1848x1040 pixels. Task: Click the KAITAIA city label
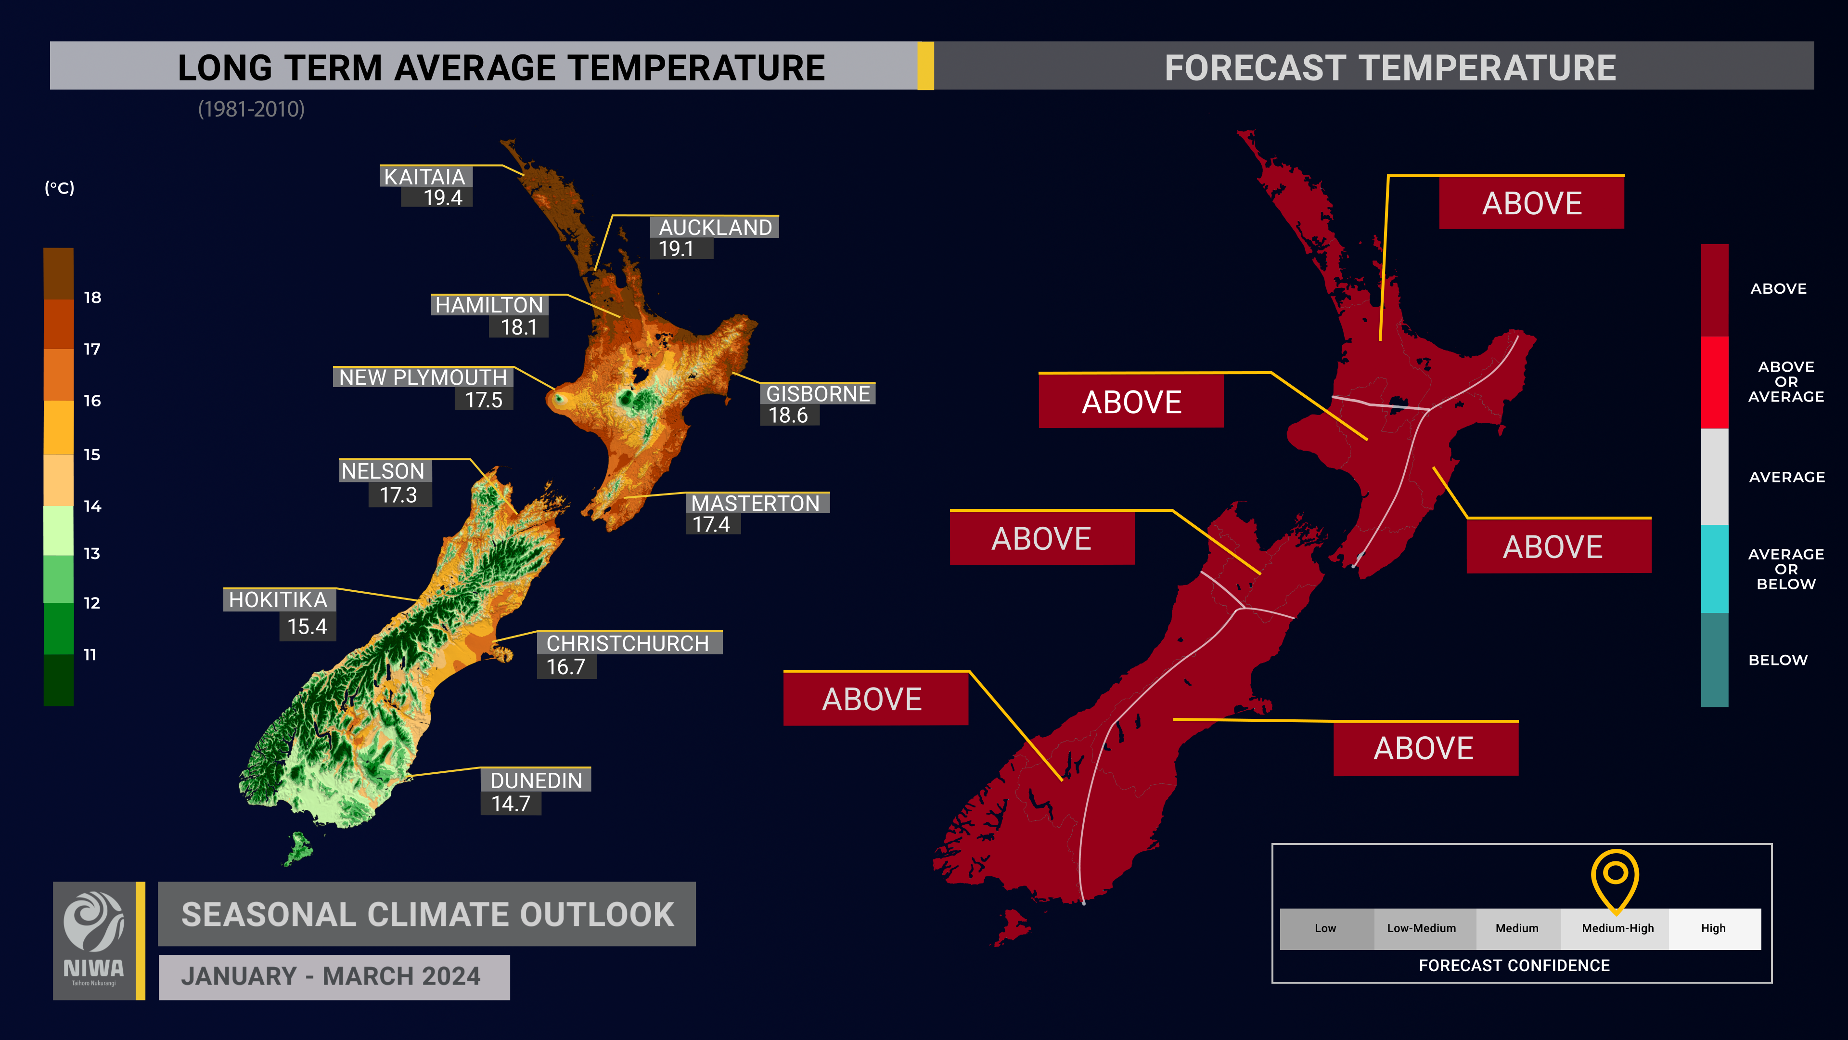tap(424, 177)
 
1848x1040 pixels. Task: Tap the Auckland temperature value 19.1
tap(676, 249)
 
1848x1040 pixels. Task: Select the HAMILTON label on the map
tap(489, 305)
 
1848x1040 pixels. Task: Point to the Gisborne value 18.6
tap(788, 416)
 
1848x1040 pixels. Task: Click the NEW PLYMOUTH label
tap(423, 377)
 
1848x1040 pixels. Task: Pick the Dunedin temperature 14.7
tap(511, 804)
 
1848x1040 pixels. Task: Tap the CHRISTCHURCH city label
tap(628, 644)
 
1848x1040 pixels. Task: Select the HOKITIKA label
tap(278, 600)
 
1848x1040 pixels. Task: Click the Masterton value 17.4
tap(711, 525)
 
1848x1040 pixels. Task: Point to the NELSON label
tap(383, 471)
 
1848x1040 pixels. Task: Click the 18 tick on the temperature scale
tap(92, 297)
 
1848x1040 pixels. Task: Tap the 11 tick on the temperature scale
tap(90, 655)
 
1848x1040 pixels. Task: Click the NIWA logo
tap(94, 940)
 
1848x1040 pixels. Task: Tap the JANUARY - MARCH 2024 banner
tap(334, 977)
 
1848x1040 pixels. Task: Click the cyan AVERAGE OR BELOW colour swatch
tap(1715, 569)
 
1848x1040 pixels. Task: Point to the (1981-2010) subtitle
tap(251, 109)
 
